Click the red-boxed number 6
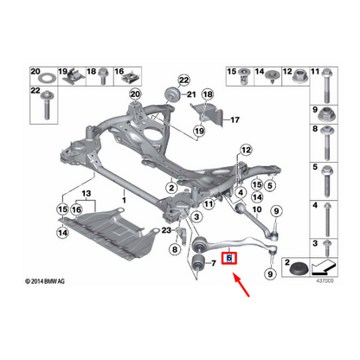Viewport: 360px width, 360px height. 229,258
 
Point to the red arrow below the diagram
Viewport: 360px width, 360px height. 241,285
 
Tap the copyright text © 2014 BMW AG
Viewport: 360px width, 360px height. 45,281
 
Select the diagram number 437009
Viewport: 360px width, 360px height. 325,280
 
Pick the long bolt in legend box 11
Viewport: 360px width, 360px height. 326,86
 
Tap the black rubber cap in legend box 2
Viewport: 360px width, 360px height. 299,270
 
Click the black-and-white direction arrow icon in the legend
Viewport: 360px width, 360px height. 324,267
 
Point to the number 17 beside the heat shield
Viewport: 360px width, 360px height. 235,119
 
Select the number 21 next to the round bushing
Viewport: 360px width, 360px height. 191,94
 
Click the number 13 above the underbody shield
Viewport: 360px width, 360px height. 87,193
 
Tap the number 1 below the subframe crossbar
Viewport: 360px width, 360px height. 124,200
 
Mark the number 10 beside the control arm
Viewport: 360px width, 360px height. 257,209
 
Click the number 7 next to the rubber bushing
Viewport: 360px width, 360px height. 214,263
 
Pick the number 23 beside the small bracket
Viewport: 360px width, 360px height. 166,230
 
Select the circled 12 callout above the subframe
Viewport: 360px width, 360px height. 246,150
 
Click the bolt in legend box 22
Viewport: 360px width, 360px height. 46,106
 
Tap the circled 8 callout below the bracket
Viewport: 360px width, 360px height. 175,249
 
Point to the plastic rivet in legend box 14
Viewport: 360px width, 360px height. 273,76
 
